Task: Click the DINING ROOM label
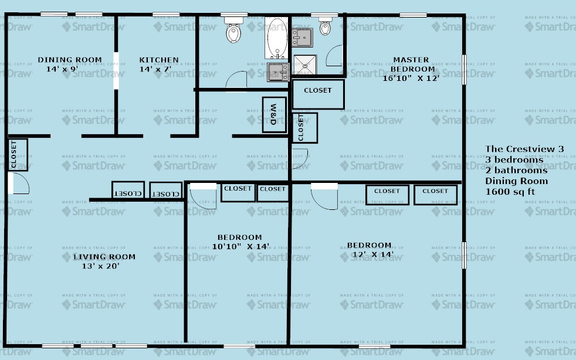[70, 60]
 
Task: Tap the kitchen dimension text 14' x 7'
[158, 69]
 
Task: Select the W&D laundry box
[273, 114]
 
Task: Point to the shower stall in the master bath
[305, 65]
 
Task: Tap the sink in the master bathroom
[303, 38]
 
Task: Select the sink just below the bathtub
[278, 72]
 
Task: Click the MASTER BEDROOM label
[411, 64]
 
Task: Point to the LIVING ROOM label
[104, 257]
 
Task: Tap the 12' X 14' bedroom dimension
[369, 254]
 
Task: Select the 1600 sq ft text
[510, 192]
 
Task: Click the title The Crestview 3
[524, 150]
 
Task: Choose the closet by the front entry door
[17, 155]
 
